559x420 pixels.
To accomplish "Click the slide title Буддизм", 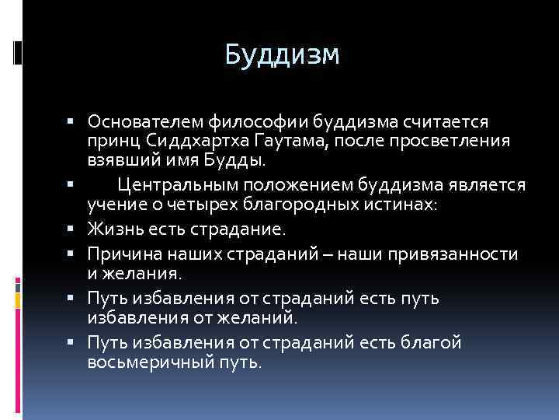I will point(282,54).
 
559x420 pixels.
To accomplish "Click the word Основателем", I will point(144,121).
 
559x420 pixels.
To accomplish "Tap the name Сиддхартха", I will point(183,142).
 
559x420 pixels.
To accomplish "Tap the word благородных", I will point(313,205).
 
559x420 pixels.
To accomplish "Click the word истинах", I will point(408,205).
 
